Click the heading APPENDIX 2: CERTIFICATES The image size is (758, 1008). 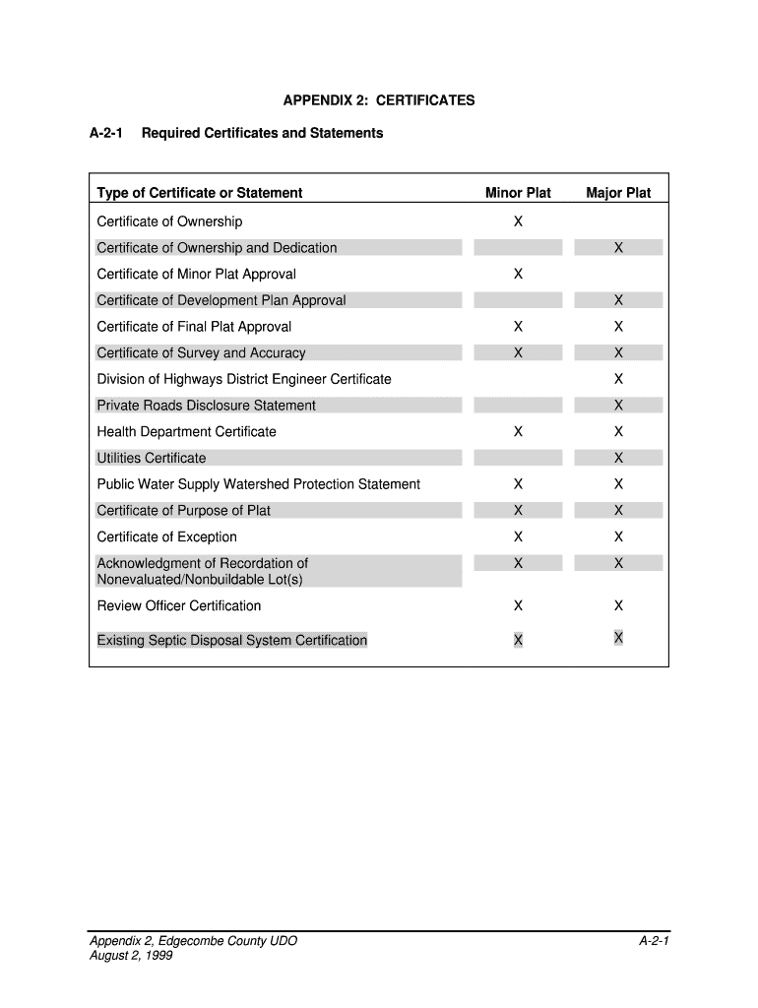[379, 100]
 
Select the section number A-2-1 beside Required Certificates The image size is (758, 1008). [105, 133]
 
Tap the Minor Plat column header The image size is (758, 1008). [518, 193]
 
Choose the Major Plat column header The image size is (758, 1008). [618, 193]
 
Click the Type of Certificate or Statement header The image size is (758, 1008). [200, 193]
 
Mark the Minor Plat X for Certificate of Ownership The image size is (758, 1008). [518, 221]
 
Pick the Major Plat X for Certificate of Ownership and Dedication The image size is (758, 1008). [618, 248]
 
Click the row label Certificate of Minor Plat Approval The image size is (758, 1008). [196, 274]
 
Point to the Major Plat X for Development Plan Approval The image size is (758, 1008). [618, 300]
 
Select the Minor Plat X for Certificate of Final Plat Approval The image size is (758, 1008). [518, 327]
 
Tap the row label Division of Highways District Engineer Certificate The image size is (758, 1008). [244, 379]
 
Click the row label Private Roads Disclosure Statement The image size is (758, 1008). [207, 406]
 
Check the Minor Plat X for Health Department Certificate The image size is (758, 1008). [518, 432]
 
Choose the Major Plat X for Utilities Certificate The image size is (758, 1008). [618, 458]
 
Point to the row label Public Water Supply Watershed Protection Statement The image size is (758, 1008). [258, 484]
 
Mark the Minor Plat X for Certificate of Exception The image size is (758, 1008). [518, 536]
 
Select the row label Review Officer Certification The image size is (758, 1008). [179, 605]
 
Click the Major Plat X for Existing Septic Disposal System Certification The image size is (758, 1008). [618, 638]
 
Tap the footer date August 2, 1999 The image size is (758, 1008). [131, 955]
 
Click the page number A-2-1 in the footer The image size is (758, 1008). [654, 942]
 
